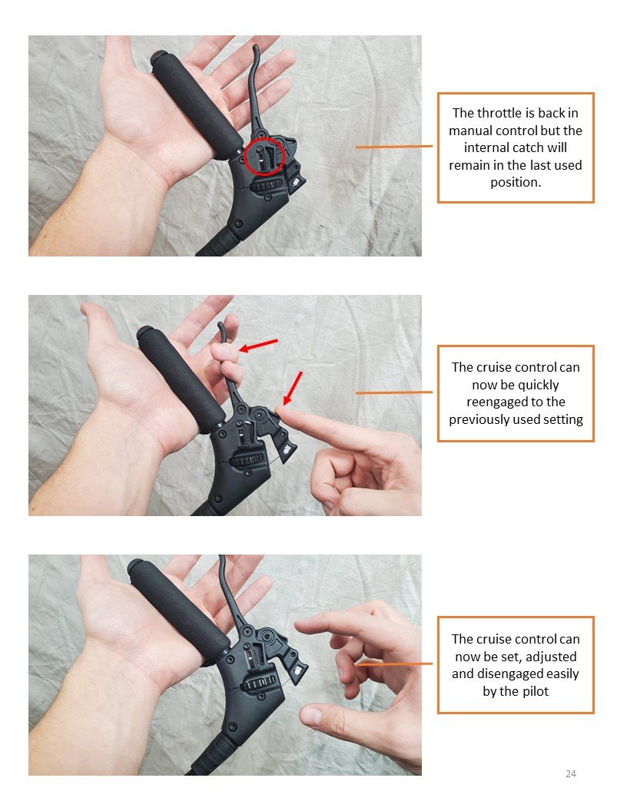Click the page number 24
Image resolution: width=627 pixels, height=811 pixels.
[571, 774]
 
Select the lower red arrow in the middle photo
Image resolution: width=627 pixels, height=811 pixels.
[292, 388]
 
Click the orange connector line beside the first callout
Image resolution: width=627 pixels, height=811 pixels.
[394, 147]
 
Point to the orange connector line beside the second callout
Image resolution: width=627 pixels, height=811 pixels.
[394, 393]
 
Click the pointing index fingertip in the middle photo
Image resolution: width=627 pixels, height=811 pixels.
[280, 411]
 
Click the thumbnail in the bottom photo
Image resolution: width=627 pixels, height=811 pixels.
[310, 717]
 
